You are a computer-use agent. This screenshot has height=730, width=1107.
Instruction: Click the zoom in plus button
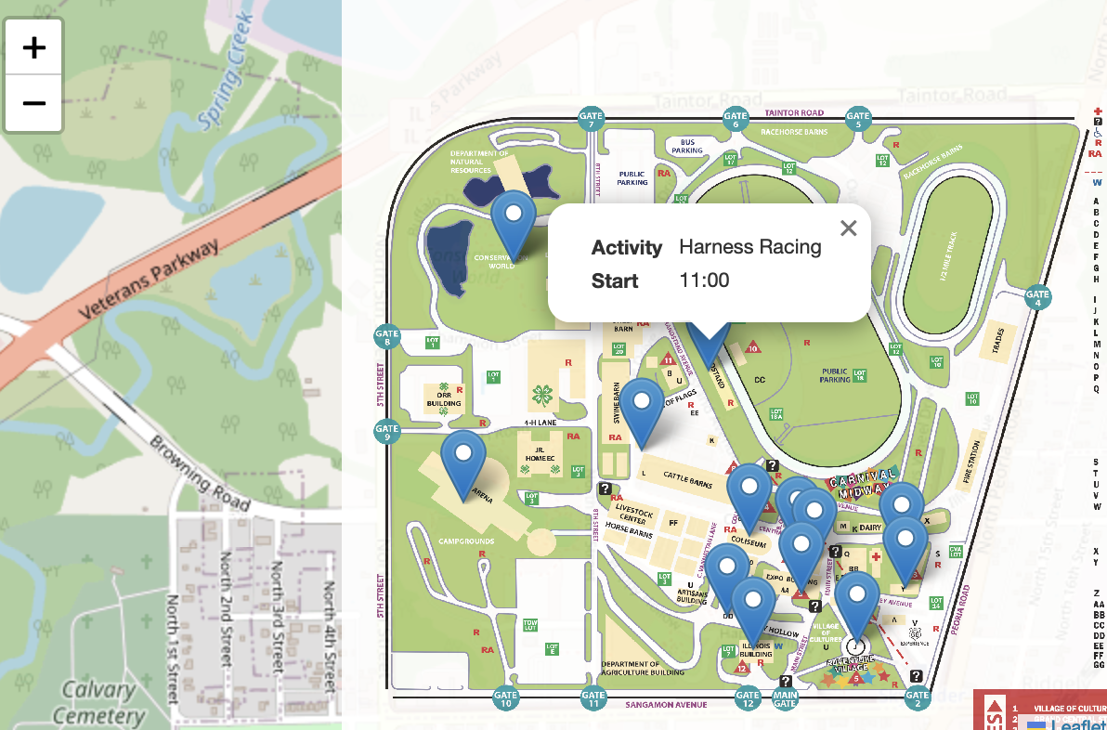tap(34, 47)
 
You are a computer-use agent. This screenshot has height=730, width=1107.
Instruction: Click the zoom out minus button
tap(34, 102)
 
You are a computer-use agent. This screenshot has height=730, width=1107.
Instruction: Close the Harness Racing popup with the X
tap(848, 228)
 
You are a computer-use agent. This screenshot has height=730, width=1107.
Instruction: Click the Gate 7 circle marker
tap(591, 119)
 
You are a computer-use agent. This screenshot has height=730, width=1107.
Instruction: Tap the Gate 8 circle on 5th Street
tap(386, 336)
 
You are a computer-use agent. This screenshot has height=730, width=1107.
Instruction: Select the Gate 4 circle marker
tap(1037, 298)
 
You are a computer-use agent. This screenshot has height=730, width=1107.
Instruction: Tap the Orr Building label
tap(443, 400)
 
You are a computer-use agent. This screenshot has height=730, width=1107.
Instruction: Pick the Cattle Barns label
tap(688, 476)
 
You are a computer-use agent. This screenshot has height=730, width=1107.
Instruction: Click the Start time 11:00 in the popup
tap(705, 280)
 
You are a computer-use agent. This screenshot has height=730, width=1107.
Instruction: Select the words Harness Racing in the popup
tap(750, 246)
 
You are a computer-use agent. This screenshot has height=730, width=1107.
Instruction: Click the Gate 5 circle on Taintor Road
tap(857, 119)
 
